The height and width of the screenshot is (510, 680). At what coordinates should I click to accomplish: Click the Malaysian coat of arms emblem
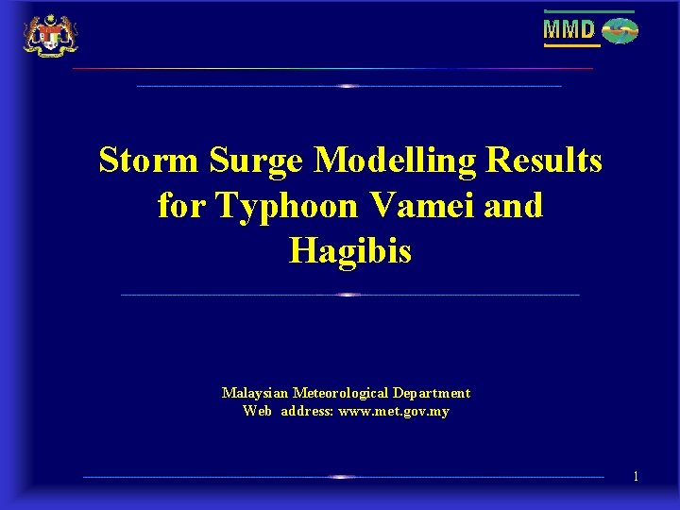50,35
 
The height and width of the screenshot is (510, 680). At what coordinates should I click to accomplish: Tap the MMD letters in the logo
569,30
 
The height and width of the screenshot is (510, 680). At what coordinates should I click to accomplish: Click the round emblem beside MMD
620,31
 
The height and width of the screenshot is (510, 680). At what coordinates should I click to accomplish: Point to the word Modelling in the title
396,161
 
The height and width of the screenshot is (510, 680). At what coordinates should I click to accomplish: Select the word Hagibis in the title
350,250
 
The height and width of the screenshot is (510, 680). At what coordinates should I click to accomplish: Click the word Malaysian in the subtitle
255,393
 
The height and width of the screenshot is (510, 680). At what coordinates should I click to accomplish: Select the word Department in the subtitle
432,393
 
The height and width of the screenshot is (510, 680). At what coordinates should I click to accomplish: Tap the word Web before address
257,411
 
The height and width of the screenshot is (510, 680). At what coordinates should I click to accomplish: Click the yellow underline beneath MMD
570,45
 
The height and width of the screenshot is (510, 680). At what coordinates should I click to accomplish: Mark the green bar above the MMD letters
588,11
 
